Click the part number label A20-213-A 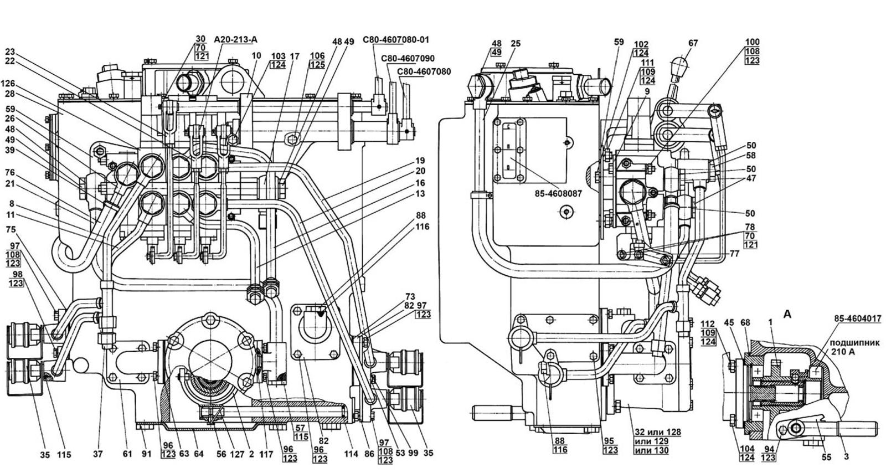pos(236,39)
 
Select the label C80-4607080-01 pos(395,40)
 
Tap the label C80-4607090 pos(408,59)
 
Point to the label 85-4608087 pos(558,194)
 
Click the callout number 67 pos(693,43)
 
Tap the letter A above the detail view pos(787,315)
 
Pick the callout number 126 pos(8,84)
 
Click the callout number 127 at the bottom pos(238,454)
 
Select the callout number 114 pos(351,454)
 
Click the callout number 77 pos(734,254)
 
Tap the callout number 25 pos(516,43)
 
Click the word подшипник pos(855,343)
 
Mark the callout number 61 pos(127,454)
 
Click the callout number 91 pos(146,454)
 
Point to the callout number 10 pos(256,56)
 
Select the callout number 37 pos(97,454)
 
